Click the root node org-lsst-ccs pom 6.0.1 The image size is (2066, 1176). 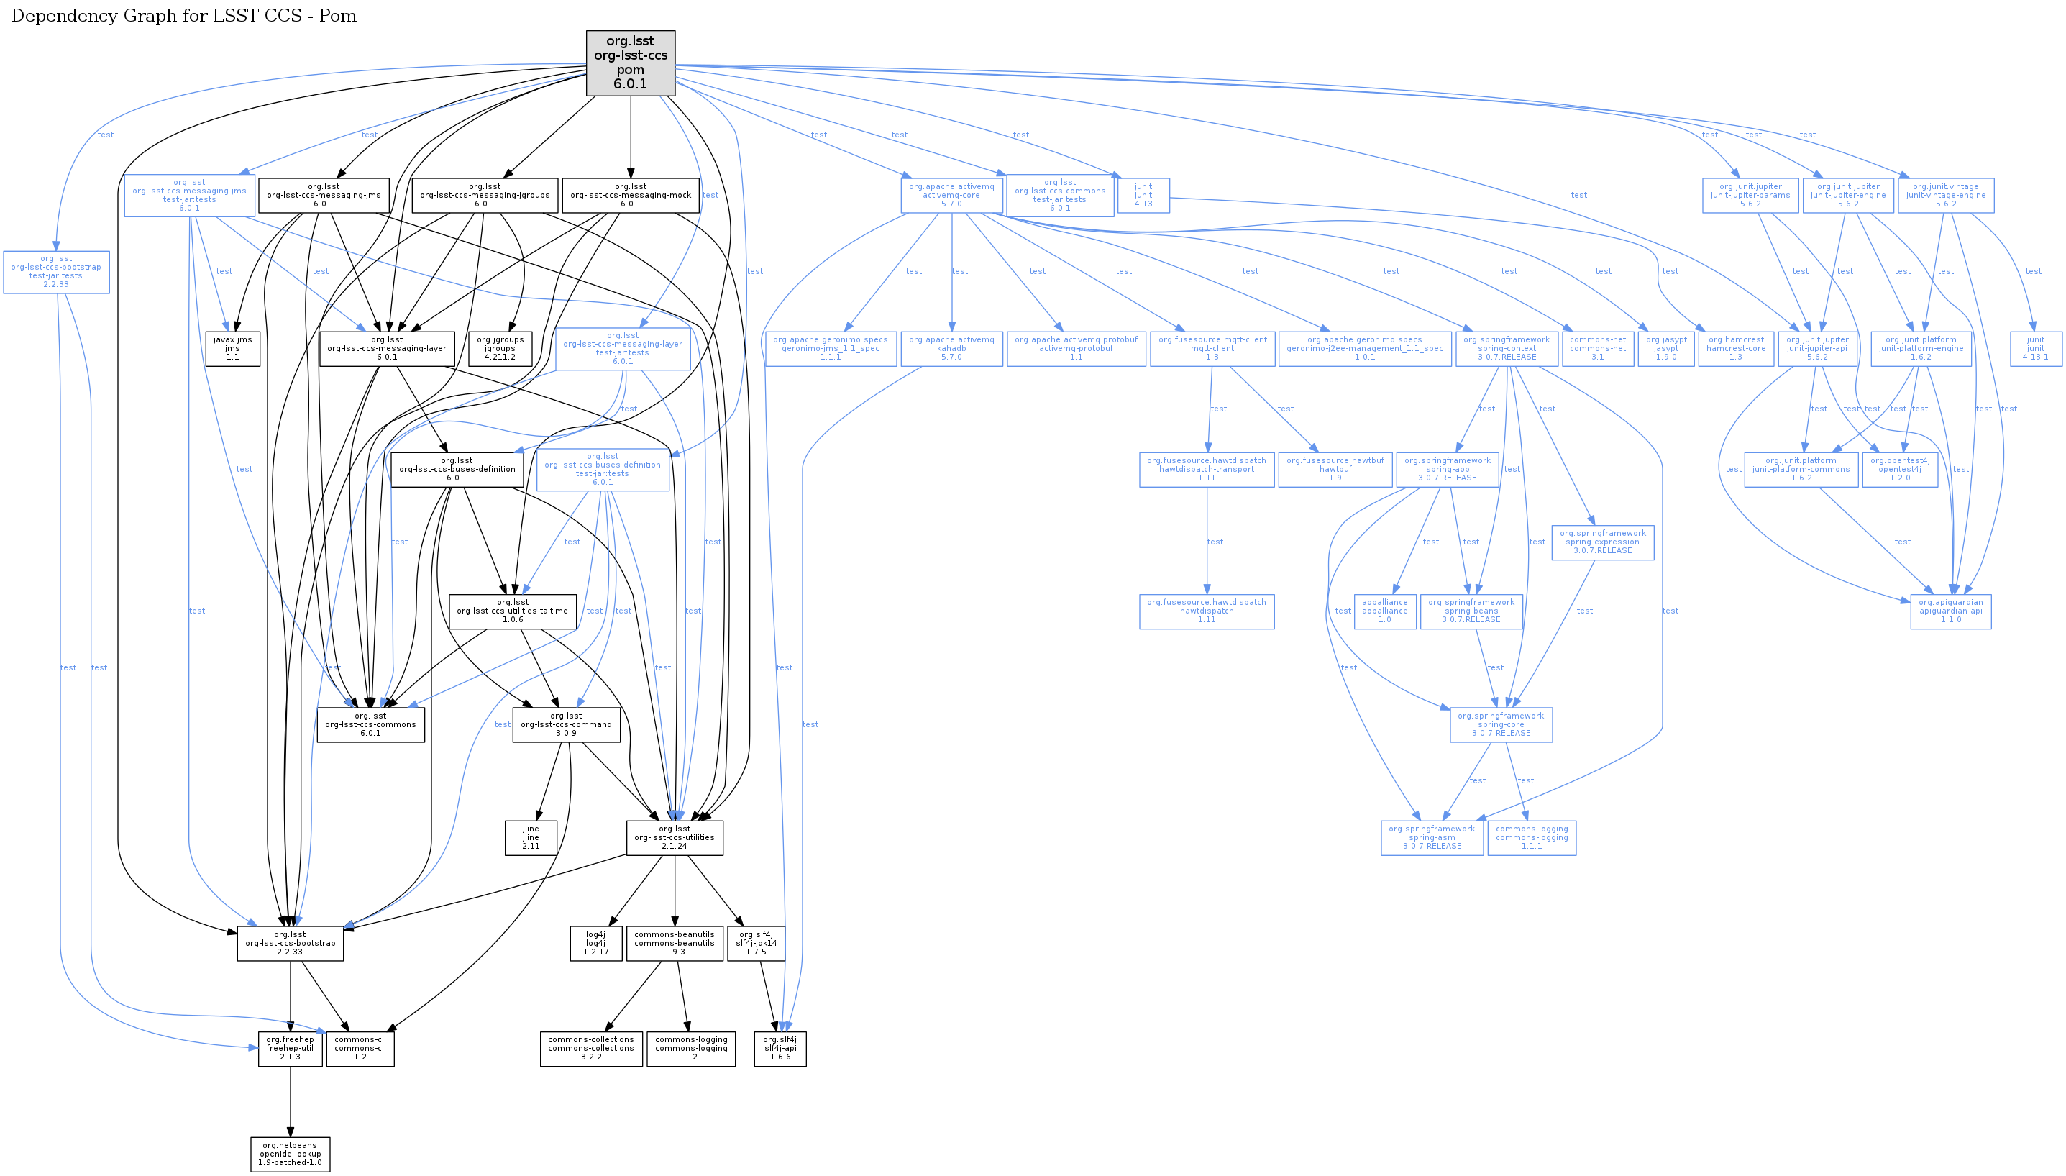point(630,63)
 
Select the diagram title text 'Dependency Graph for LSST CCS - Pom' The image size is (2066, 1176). point(184,16)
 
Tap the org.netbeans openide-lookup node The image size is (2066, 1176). point(290,1154)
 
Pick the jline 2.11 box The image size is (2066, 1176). point(531,837)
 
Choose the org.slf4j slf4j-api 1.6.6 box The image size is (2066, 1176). point(780,1049)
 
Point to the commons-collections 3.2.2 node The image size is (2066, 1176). point(591,1049)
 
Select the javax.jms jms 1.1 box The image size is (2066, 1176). point(232,348)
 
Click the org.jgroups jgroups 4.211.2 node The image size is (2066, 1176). point(500,348)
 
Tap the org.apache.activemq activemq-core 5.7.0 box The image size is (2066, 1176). point(952,196)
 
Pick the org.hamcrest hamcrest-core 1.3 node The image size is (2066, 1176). point(1736,348)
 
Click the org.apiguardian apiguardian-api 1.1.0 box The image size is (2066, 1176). point(1950,611)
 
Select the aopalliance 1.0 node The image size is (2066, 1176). point(1384,611)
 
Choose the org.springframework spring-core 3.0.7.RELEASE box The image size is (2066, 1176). point(1501,724)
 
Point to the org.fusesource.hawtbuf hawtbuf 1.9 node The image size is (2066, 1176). point(1335,469)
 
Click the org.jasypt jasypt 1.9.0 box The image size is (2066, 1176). point(1665,348)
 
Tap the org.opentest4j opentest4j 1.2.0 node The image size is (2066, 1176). point(1900,469)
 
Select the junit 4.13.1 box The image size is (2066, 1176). point(2035,348)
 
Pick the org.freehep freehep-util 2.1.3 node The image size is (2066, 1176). point(290,1049)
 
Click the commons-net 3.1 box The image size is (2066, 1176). point(1598,348)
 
